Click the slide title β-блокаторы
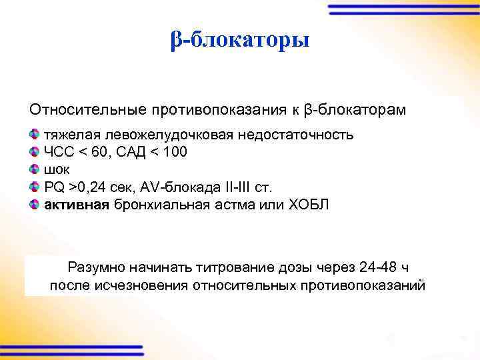[x=239, y=41]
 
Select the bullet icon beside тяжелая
[x=35, y=135]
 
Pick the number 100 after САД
[x=175, y=152]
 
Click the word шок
[x=57, y=169]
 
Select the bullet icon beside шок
[x=35, y=169]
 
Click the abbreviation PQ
[x=54, y=187]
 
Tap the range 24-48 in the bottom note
[x=378, y=268]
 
